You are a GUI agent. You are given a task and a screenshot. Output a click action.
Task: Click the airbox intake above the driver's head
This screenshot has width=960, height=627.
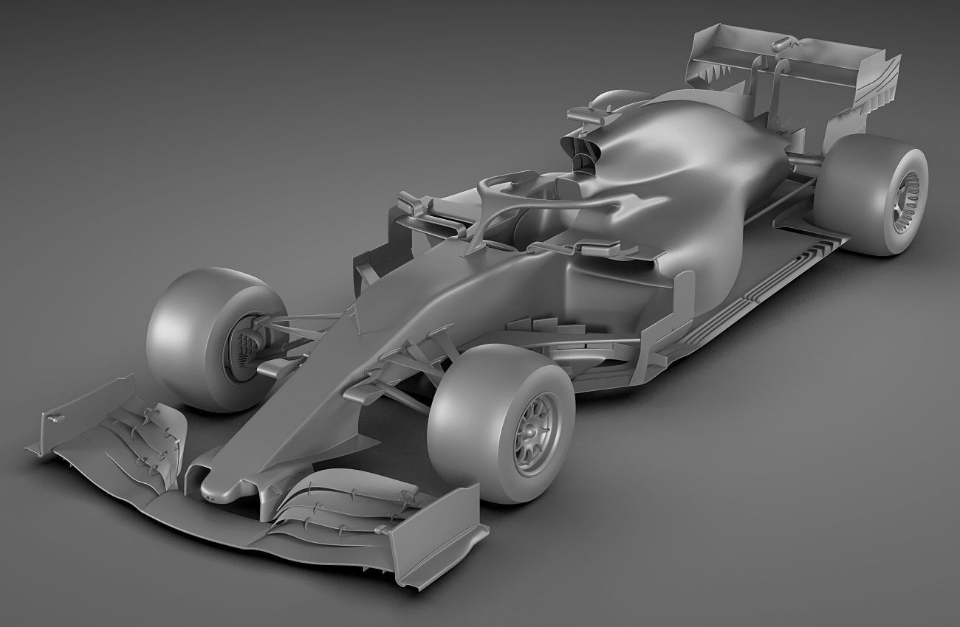(x=583, y=151)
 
